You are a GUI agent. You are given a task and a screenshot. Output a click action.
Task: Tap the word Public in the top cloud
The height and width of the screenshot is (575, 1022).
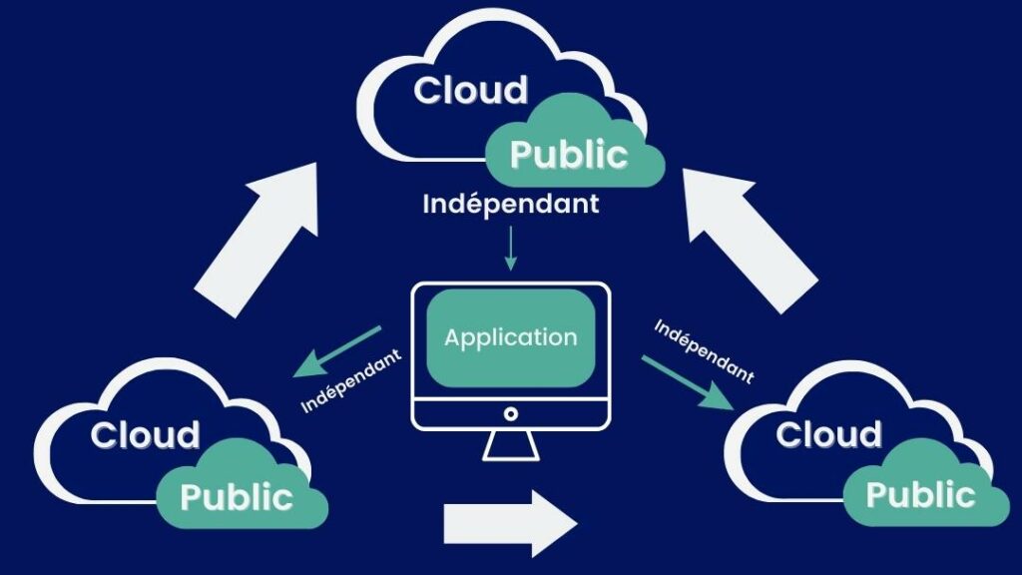569,155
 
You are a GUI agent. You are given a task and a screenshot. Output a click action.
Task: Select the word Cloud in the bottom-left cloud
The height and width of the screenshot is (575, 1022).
145,435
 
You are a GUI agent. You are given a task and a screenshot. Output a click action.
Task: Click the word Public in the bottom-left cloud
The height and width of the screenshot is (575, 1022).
237,496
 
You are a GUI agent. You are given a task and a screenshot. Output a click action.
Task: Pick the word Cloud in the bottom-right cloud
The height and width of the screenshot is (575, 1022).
828,435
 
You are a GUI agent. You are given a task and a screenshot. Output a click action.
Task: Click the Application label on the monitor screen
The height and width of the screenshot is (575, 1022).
510,337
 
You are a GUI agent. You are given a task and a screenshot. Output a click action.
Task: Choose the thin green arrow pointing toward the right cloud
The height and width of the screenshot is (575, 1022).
689,382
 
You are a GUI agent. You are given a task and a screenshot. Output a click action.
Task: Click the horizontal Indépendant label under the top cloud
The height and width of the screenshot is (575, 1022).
511,204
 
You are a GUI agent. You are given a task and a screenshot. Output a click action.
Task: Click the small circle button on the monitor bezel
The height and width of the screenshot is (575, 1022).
510,413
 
